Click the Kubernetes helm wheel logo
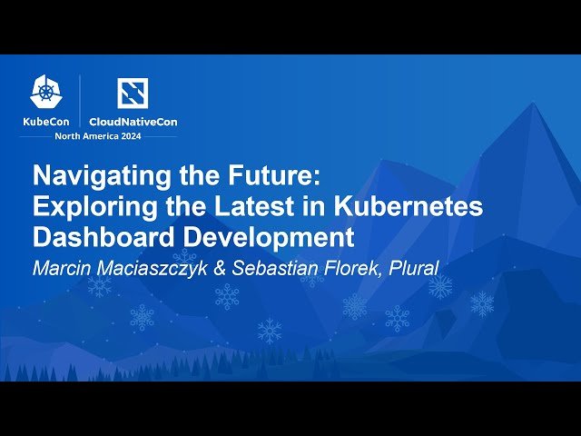point(45,91)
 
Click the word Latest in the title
point(260,206)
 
